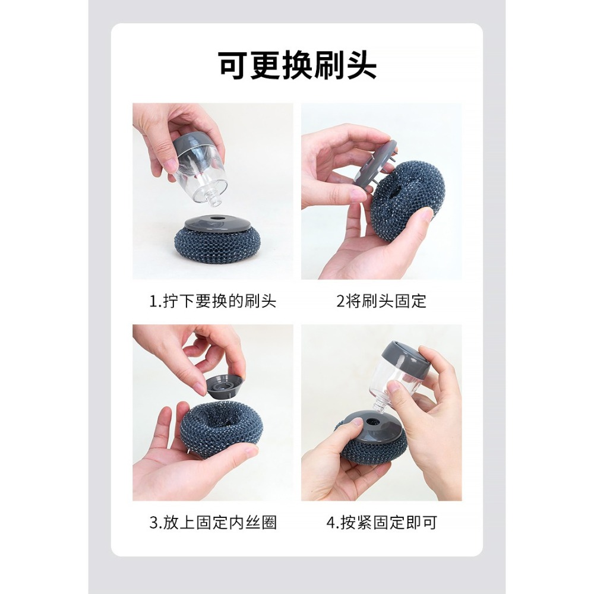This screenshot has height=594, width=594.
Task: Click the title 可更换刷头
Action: (x=297, y=66)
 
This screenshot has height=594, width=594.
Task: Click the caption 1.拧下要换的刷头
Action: (x=213, y=301)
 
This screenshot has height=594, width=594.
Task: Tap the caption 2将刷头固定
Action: (x=381, y=301)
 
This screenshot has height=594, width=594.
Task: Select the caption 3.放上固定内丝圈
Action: (x=213, y=523)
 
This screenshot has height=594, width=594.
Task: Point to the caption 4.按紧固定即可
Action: (x=381, y=523)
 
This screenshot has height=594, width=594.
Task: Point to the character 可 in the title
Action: (x=232, y=66)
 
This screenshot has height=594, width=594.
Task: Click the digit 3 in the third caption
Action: (x=153, y=523)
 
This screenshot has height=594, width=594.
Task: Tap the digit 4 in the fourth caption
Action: (x=331, y=523)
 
